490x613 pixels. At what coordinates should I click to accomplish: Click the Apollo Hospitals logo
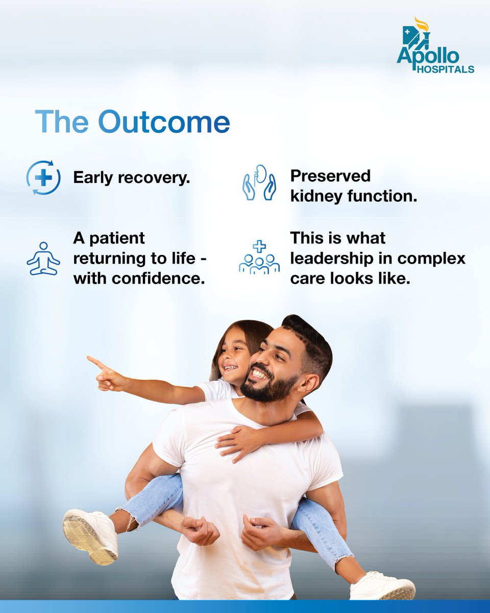(x=435, y=46)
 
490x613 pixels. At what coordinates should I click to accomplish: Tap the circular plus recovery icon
(x=43, y=178)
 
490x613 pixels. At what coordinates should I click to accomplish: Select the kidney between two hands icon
(x=259, y=183)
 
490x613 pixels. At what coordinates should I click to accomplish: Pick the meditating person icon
(x=43, y=258)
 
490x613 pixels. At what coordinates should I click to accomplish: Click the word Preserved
(x=330, y=176)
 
